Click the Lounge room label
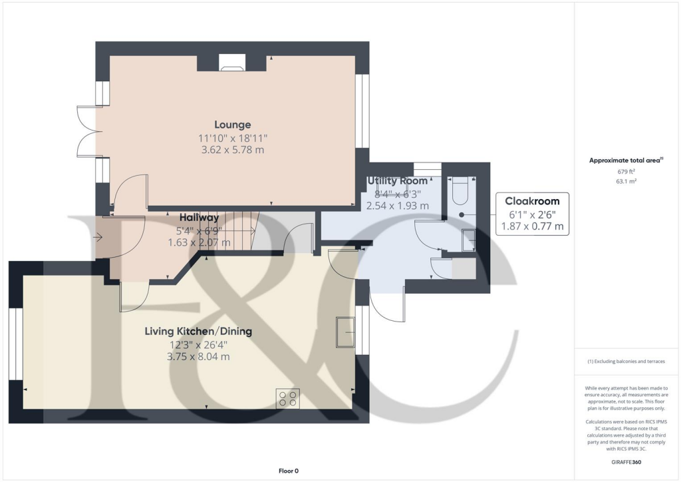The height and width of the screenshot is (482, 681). (232, 124)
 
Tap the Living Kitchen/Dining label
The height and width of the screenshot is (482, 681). (198, 331)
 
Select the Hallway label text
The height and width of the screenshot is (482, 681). (199, 218)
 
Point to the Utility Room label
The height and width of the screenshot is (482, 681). (397, 181)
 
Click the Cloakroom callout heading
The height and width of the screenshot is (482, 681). (532, 201)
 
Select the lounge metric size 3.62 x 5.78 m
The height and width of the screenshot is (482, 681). (232, 150)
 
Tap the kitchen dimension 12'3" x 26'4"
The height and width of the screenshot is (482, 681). (198, 344)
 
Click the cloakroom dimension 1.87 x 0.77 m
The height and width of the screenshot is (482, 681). (532, 226)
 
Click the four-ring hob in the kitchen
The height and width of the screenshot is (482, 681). (287, 398)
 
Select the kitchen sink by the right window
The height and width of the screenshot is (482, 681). (345, 332)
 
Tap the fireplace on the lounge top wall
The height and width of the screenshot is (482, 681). (231, 64)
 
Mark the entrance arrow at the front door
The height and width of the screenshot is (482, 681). (98, 236)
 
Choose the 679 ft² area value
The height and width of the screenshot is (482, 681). (627, 171)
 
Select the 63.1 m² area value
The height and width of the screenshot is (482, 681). (627, 180)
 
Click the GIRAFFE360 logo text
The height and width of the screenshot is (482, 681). (627, 462)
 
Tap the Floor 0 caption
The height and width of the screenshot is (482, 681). (288, 471)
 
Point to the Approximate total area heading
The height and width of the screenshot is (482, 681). (625, 160)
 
